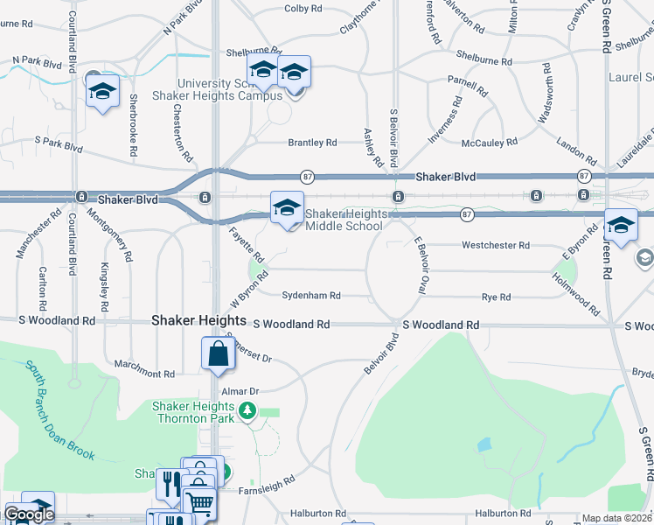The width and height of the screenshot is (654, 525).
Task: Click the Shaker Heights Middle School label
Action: pyautogui.click(x=344, y=220)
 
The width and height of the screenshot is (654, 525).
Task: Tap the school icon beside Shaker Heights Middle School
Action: pyautogui.click(x=287, y=208)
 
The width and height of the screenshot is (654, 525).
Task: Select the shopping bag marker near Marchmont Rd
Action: pyautogui.click(x=217, y=354)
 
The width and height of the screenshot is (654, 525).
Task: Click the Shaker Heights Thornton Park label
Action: pyautogui.click(x=192, y=412)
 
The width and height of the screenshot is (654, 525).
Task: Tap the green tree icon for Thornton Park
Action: pyautogui.click(x=247, y=409)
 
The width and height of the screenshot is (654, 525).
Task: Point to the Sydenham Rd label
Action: pyautogui.click(x=310, y=297)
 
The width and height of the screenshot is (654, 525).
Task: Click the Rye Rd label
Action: pyautogui.click(x=496, y=297)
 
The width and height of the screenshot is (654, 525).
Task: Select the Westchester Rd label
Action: pyautogui.click(x=496, y=246)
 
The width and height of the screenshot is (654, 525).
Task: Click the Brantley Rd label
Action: pyautogui.click(x=312, y=143)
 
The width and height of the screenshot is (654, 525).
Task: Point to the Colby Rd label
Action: pyautogui.click(x=303, y=10)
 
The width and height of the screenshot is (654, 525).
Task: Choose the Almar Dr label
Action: pyautogui.click(x=241, y=391)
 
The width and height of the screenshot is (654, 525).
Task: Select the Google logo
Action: pyautogui.click(x=29, y=515)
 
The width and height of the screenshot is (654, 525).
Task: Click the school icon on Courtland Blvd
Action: pyautogui.click(x=102, y=90)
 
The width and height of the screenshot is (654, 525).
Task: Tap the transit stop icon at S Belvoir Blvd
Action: pyautogui.click(x=398, y=196)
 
